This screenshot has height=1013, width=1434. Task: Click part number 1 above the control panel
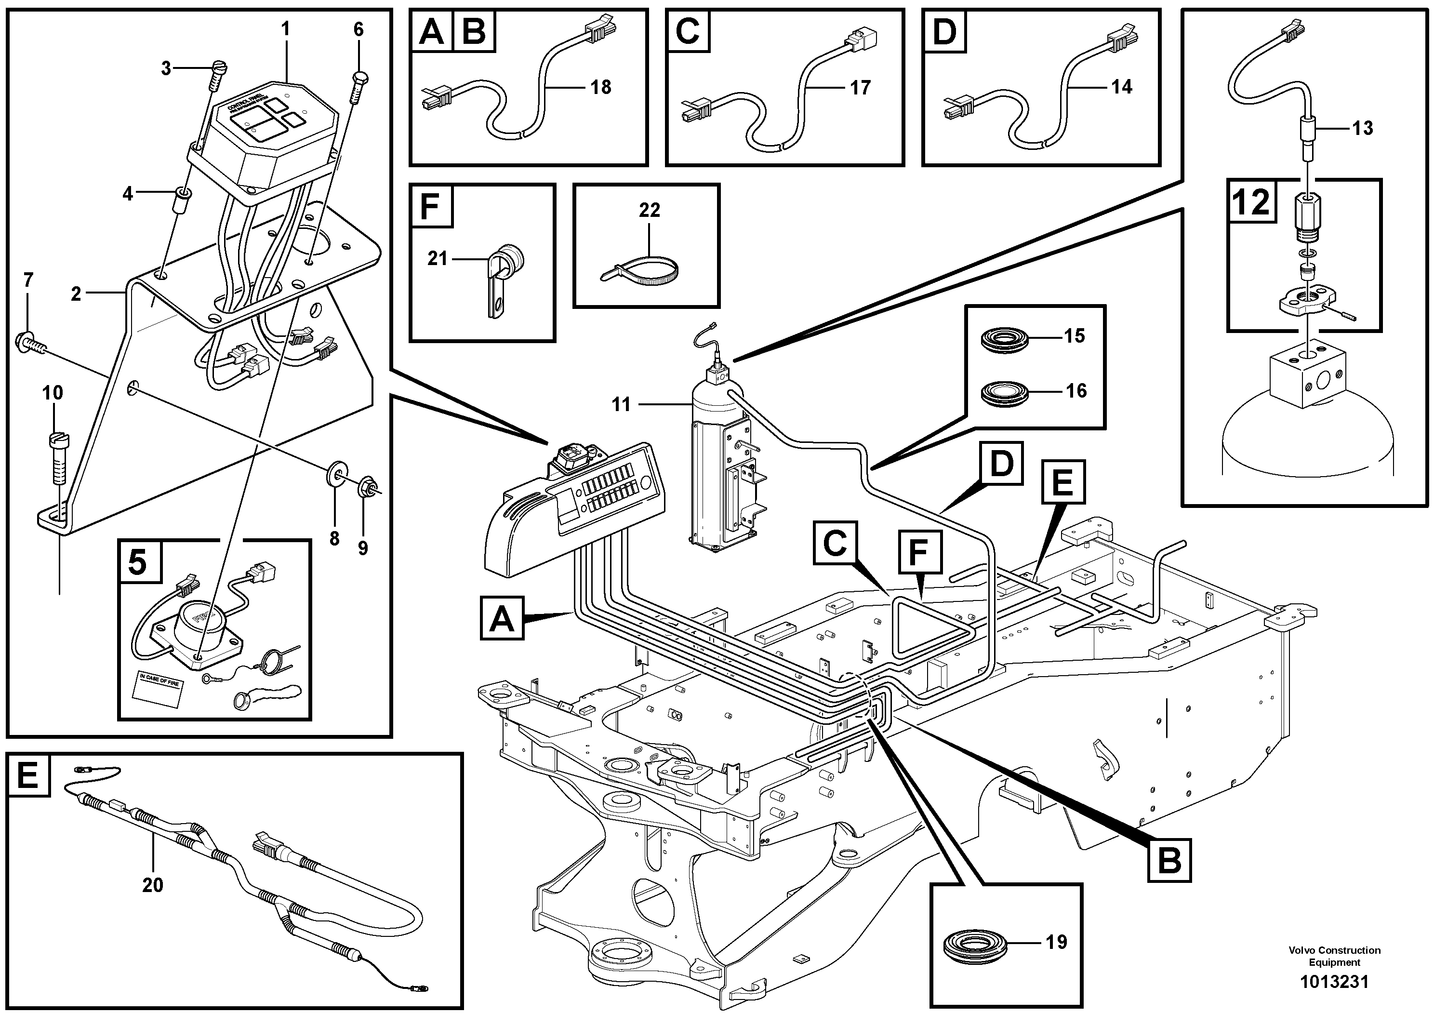285,29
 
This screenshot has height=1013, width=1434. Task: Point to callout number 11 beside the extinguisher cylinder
621,405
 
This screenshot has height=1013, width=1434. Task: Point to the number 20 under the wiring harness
152,885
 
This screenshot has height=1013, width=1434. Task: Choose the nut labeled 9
365,487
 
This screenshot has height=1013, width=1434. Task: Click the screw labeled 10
57,459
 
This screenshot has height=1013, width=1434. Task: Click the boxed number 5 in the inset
137,562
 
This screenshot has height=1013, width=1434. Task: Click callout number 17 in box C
860,87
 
